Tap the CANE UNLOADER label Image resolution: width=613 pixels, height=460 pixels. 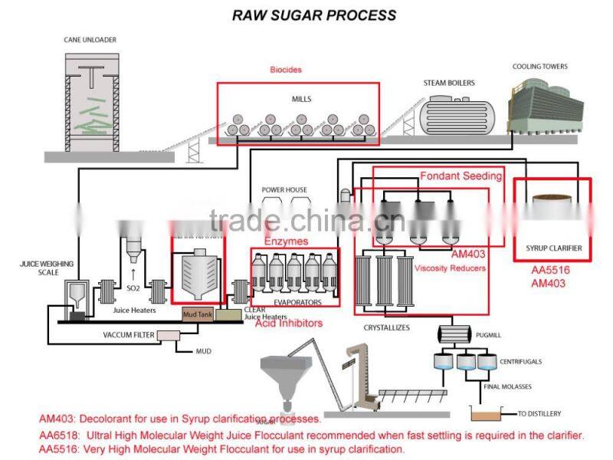[90, 39]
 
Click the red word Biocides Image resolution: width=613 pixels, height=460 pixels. [285, 70]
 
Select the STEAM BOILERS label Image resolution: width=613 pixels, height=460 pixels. [449, 83]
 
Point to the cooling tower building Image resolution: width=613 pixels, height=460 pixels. [541, 103]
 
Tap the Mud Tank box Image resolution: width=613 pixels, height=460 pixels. [196, 314]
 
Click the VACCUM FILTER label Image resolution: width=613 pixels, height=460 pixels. [129, 336]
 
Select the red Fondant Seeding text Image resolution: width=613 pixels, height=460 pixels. [461, 176]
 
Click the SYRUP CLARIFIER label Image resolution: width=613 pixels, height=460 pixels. [553, 248]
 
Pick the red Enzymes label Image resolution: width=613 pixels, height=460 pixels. [286, 241]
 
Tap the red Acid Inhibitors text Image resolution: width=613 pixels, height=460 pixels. [288, 324]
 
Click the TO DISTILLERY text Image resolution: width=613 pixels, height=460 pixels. [543, 413]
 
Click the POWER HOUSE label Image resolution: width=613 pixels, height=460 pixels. [284, 190]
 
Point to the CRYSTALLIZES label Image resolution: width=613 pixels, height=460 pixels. [386, 327]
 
